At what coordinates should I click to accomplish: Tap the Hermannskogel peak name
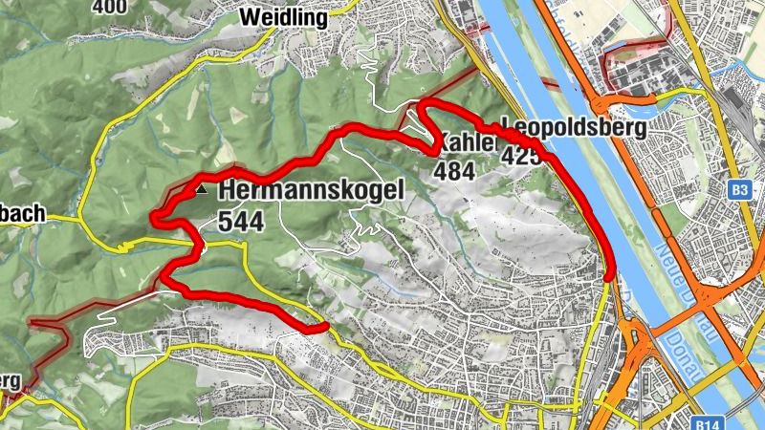(x=312, y=190)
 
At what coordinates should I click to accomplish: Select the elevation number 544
(x=241, y=221)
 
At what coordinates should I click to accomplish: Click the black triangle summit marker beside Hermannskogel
(x=201, y=190)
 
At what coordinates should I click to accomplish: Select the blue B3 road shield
(x=737, y=190)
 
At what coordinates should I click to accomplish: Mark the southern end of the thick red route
(x=324, y=328)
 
